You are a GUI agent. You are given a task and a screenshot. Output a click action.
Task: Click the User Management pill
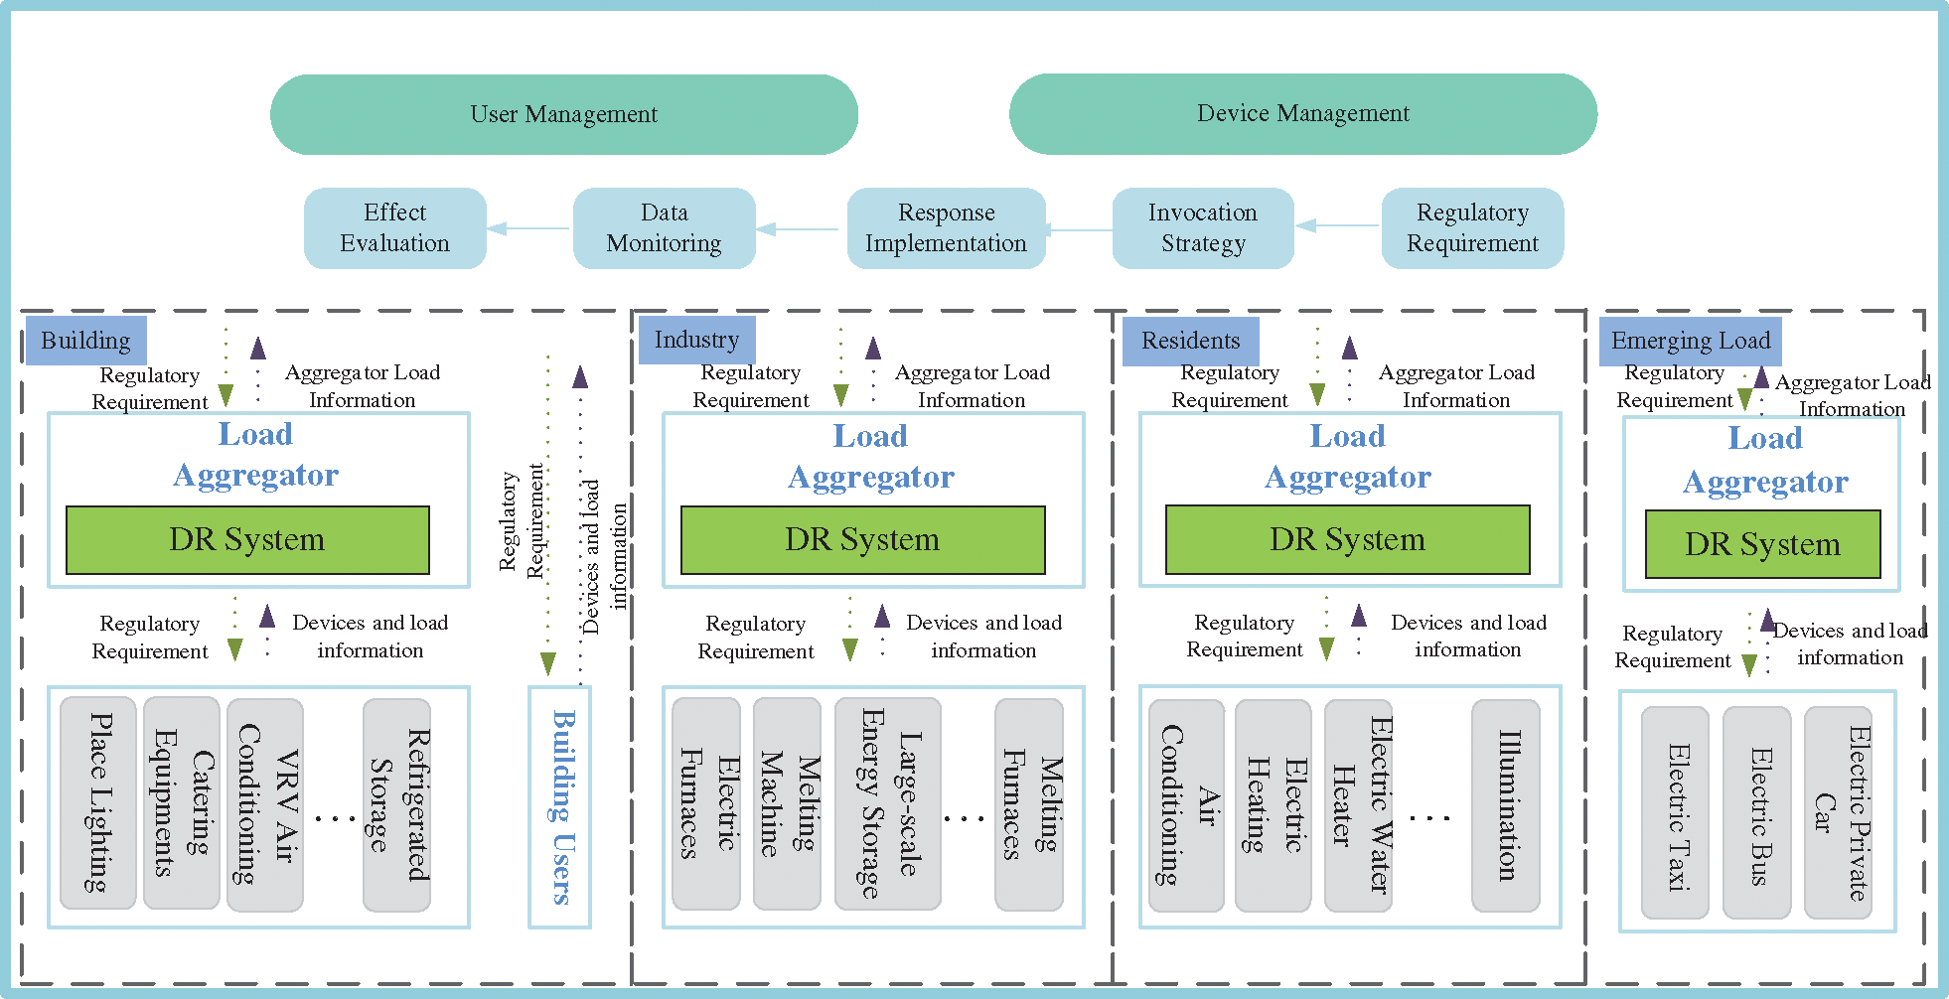(x=563, y=114)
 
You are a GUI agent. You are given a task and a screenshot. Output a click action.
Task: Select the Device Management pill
(x=1302, y=113)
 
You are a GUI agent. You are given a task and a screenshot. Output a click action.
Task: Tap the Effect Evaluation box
(x=394, y=228)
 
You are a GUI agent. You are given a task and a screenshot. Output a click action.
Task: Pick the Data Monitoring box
(x=664, y=228)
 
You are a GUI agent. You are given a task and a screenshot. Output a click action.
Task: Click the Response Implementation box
(x=946, y=228)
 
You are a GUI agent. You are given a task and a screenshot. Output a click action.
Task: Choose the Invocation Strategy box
(x=1202, y=228)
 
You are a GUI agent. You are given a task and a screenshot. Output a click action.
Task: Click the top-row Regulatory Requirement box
(x=1472, y=228)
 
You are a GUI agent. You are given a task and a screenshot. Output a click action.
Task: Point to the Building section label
(x=85, y=341)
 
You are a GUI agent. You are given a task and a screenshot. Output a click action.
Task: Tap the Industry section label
(x=696, y=341)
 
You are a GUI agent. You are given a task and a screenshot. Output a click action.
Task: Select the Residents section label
(x=1190, y=341)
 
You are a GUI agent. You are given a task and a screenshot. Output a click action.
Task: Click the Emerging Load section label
(x=1690, y=341)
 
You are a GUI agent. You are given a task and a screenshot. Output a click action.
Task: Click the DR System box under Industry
(x=862, y=539)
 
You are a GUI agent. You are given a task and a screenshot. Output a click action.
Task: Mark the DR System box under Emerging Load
(x=1762, y=544)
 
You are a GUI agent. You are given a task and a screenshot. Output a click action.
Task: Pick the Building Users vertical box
(x=560, y=806)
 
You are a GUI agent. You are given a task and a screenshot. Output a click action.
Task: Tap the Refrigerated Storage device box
(x=396, y=804)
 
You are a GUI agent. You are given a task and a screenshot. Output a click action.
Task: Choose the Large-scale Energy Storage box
(x=887, y=803)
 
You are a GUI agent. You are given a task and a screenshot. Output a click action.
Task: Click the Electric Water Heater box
(x=1358, y=804)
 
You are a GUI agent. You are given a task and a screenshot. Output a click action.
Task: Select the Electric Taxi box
(x=1675, y=812)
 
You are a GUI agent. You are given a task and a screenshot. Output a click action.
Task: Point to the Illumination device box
(x=1506, y=804)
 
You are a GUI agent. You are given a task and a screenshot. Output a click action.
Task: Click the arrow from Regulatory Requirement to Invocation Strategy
(x=1337, y=225)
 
